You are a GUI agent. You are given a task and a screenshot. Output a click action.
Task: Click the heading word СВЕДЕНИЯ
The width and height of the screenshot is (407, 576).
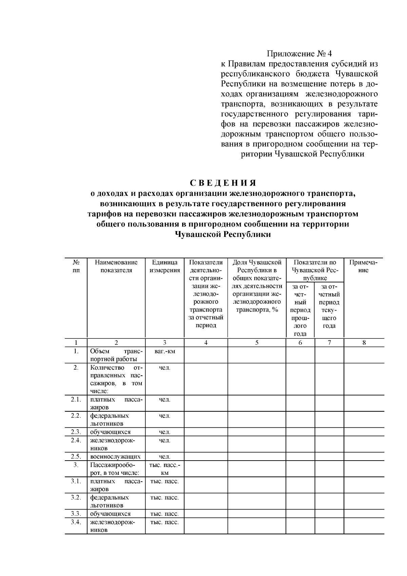point(222,183)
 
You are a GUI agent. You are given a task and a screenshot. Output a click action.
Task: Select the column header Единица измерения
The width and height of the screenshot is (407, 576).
point(164,266)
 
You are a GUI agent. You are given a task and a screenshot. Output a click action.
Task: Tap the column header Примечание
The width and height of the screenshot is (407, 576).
point(364,266)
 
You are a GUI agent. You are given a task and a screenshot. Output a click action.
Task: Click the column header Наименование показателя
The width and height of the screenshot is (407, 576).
point(116,266)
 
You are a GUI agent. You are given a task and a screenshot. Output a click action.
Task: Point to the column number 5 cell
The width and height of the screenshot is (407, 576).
point(257,342)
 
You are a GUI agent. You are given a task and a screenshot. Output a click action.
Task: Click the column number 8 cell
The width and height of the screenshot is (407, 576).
point(364,342)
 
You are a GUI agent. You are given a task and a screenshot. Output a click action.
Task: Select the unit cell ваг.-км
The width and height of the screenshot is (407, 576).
point(164,351)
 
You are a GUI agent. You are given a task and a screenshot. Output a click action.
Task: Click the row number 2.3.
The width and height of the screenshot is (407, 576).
point(76,432)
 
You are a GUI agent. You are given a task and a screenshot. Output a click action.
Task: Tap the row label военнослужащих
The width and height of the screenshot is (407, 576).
point(115,457)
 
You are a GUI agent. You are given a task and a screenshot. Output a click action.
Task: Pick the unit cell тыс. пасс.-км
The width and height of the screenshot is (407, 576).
point(164,468)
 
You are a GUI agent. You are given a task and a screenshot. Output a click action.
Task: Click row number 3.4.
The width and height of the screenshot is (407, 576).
point(76,522)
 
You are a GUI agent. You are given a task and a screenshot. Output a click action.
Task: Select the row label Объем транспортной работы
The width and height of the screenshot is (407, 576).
point(116,355)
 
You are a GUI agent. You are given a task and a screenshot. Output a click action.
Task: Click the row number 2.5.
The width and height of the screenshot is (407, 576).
point(76,457)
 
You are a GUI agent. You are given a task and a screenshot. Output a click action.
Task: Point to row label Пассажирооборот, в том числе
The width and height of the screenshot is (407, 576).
point(115,468)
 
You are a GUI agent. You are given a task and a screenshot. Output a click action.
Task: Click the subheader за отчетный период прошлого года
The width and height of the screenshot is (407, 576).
point(300,310)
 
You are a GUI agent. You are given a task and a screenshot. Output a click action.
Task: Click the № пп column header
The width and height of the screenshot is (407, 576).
point(76,266)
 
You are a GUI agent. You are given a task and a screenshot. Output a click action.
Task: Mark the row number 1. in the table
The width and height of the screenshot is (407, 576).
point(76,351)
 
